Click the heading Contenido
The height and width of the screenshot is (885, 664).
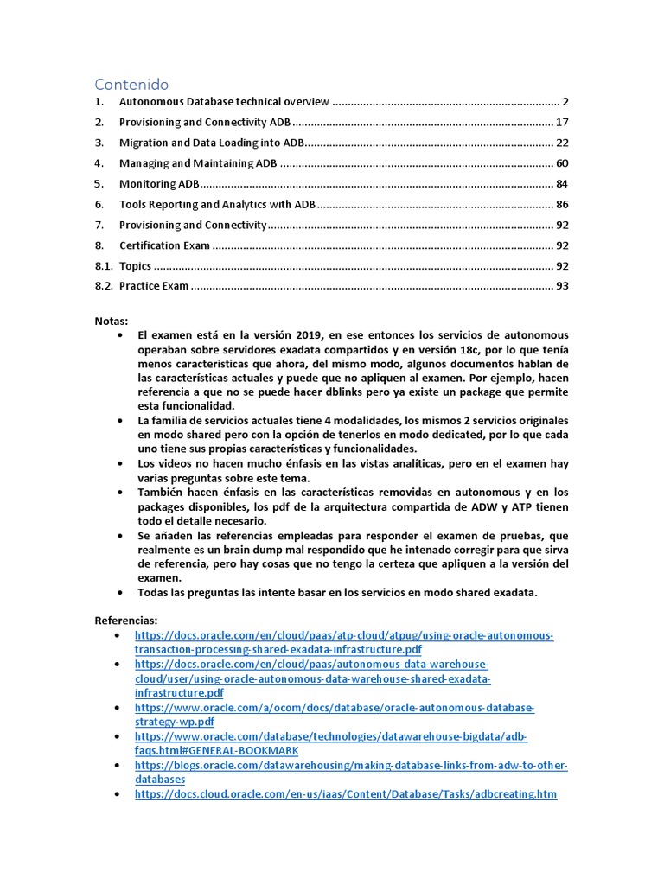(131, 84)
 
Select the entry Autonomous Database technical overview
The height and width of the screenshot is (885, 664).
(224, 101)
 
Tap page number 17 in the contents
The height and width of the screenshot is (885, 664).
(562, 122)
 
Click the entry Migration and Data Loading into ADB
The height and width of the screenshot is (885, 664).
(212, 143)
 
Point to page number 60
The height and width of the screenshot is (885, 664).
(562, 163)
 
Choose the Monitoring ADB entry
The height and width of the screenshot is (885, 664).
(159, 184)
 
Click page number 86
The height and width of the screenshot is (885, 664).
(562, 205)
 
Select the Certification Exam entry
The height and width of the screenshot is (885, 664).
(164, 245)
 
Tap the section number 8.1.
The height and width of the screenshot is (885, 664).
(104, 266)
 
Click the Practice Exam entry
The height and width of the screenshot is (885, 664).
(154, 286)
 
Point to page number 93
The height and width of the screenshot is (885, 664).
(562, 286)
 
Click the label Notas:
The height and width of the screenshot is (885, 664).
(111, 321)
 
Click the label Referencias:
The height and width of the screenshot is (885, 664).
(126, 621)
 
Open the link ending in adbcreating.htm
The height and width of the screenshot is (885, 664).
(346, 793)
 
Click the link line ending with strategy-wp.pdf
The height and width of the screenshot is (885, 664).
(175, 722)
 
